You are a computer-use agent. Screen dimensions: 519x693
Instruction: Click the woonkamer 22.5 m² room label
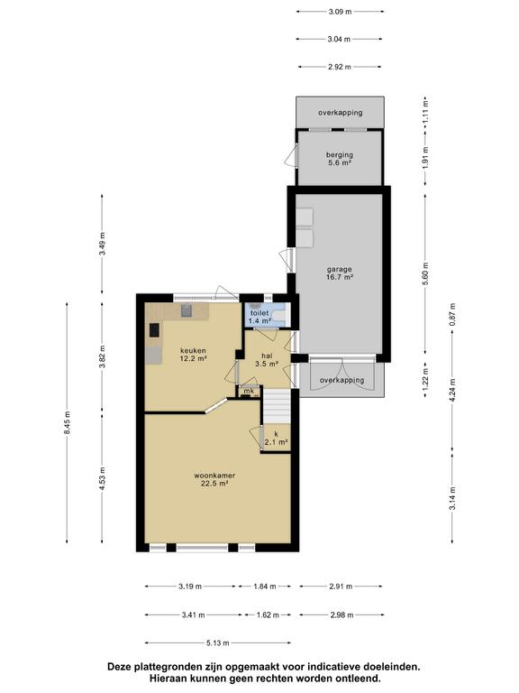[214, 479]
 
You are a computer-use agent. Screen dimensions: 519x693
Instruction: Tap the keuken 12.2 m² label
[194, 355]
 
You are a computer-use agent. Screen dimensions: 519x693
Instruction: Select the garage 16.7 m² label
[340, 273]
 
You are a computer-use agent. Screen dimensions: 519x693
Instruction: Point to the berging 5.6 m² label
[340, 159]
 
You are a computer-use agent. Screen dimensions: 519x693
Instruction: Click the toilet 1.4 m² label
[259, 317]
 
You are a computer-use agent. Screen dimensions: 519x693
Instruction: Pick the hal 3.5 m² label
[267, 360]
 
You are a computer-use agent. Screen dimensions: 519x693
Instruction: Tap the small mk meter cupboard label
[249, 391]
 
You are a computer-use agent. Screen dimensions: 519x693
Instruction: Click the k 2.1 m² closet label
[277, 438]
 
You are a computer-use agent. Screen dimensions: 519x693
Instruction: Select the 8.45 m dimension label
[67, 423]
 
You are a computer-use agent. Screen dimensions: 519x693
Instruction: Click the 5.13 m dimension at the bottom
[217, 643]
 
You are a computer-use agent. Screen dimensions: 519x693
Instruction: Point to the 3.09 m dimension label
[340, 12]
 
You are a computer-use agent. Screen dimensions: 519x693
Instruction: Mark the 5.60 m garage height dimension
[425, 274]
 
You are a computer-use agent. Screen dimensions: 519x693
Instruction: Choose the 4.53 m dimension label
[102, 478]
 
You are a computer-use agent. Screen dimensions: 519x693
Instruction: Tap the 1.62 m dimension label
[268, 614]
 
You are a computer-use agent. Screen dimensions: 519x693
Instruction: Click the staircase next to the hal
[278, 406]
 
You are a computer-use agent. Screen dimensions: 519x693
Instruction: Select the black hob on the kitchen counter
[154, 330]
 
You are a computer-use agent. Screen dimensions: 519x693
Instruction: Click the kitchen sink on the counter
[187, 310]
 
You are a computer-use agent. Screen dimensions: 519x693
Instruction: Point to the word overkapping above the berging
[341, 113]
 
